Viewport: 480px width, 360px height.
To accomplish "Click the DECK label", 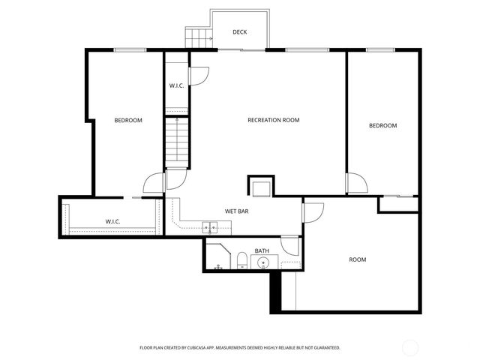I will [239, 31].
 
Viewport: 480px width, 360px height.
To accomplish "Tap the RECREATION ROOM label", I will [274, 120].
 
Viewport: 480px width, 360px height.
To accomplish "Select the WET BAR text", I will [237, 211].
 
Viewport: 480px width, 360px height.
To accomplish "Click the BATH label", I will [262, 250].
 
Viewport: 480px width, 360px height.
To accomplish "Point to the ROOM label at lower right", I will [358, 259].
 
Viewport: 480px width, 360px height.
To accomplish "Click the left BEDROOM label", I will [128, 120].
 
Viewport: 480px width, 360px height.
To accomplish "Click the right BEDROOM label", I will [382, 125].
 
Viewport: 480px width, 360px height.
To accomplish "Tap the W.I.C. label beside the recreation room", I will [177, 85].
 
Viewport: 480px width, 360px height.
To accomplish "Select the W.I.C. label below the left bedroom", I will [113, 221].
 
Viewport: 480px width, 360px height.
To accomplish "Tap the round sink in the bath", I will [263, 262].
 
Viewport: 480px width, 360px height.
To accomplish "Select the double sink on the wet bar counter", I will [210, 226].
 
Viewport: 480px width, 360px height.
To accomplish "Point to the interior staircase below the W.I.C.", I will [176, 142].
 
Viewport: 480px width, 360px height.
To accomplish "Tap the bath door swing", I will [289, 245].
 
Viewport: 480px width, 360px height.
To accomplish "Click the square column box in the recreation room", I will [261, 187].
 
